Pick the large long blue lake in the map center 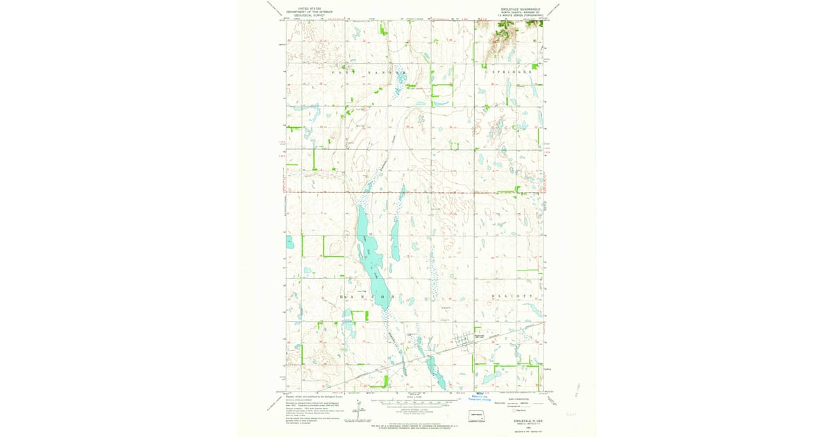pos(369,243)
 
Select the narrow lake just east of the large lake pos(394,239)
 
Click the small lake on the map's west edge pos(289,243)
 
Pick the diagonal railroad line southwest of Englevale pos(389,371)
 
